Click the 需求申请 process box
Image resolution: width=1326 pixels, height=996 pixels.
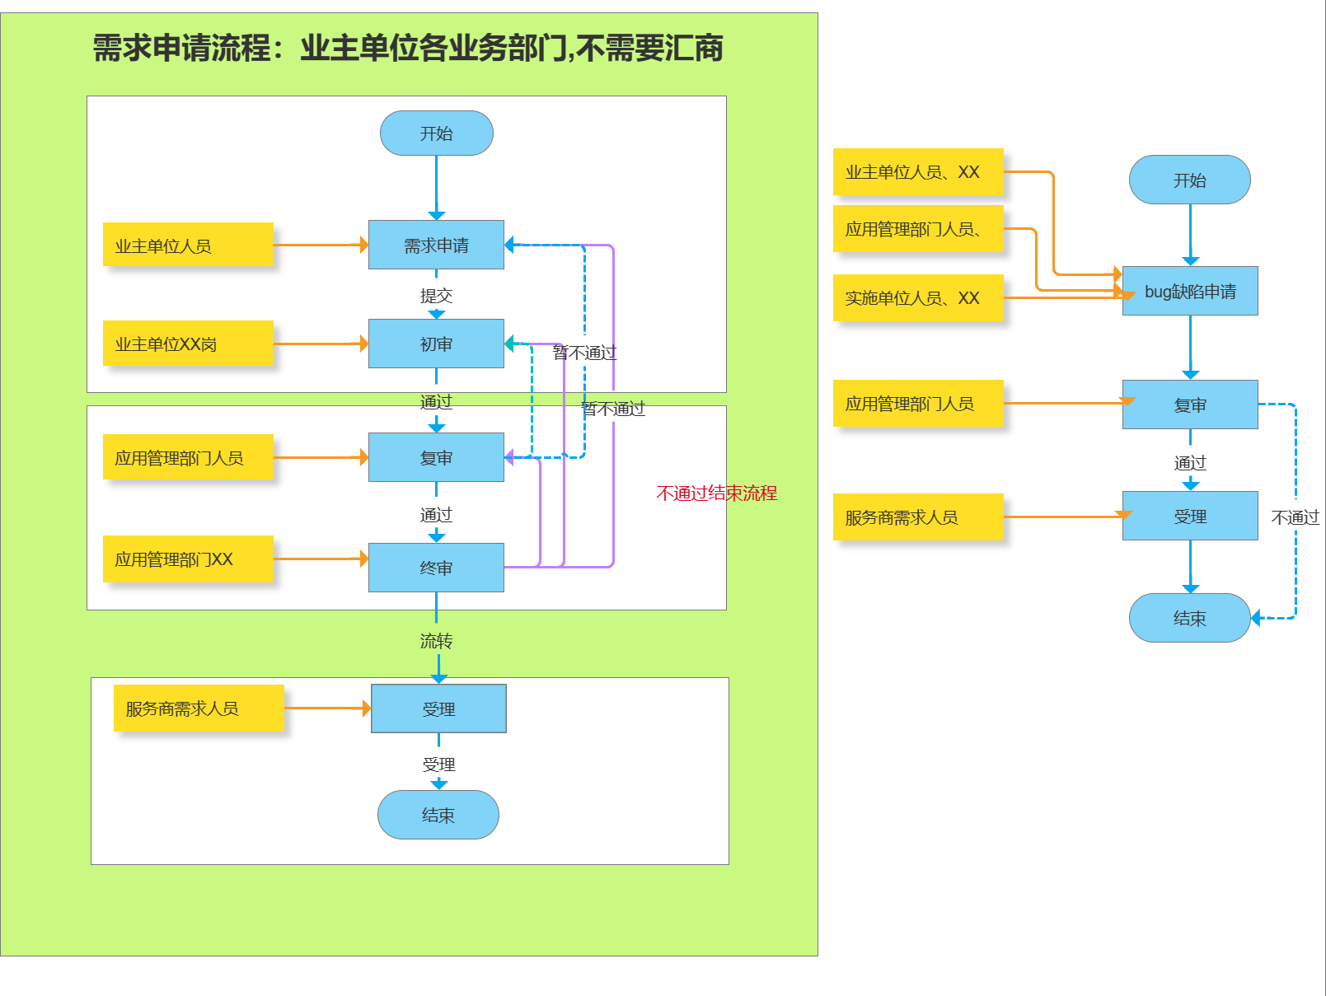tap(436, 245)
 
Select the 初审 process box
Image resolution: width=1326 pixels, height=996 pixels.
tap(436, 344)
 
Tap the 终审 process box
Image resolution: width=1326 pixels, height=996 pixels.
tap(436, 568)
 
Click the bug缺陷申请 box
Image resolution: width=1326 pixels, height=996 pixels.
tap(1189, 291)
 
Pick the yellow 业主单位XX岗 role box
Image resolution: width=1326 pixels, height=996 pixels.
tap(188, 344)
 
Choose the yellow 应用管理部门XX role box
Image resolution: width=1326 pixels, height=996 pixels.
tap(188, 559)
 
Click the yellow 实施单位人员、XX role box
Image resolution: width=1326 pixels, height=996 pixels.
tap(917, 297)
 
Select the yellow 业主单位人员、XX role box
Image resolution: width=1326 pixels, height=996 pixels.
tap(917, 172)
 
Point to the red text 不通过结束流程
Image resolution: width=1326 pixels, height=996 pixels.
tap(716, 493)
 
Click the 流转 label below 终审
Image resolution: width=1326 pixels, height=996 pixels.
tap(436, 640)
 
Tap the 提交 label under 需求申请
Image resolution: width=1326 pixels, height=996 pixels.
tap(436, 295)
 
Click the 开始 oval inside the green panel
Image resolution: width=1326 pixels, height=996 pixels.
tap(436, 133)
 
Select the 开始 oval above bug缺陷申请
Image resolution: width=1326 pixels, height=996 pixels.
tap(1189, 180)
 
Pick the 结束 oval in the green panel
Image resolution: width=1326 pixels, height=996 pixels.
tap(438, 815)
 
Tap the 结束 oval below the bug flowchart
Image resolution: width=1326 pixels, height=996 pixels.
tap(1189, 618)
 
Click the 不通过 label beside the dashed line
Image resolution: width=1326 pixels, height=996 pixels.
tap(1295, 517)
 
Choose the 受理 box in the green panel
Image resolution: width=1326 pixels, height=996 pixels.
tap(438, 708)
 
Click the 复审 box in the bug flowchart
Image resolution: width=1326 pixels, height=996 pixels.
tap(1189, 404)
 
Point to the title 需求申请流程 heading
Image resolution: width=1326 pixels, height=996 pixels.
tap(407, 48)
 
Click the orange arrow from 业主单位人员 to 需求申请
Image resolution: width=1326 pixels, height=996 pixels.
tap(320, 245)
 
